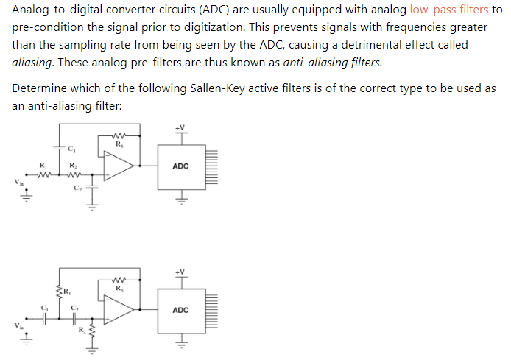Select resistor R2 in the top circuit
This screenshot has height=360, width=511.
point(72,175)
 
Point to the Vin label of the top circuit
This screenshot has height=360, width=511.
point(10,182)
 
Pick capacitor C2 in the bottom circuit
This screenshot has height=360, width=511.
point(74,318)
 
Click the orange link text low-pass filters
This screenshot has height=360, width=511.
point(449,10)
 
